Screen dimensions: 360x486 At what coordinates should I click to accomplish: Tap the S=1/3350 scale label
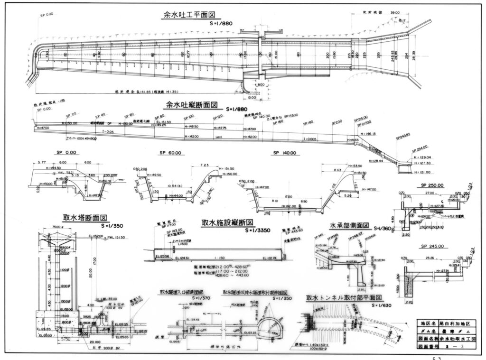pyautogui.click(x=258, y=231)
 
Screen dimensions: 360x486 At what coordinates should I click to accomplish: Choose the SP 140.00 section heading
pyautogui.click(x=285, y=153)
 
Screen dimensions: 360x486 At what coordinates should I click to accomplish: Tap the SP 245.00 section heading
pyautogui.click(x=432, y=246)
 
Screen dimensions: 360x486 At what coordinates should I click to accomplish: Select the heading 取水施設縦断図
pyautogui.click(x=226, y=223)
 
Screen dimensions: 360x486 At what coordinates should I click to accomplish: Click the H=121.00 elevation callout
pyautogui.click(x=421, y=172)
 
